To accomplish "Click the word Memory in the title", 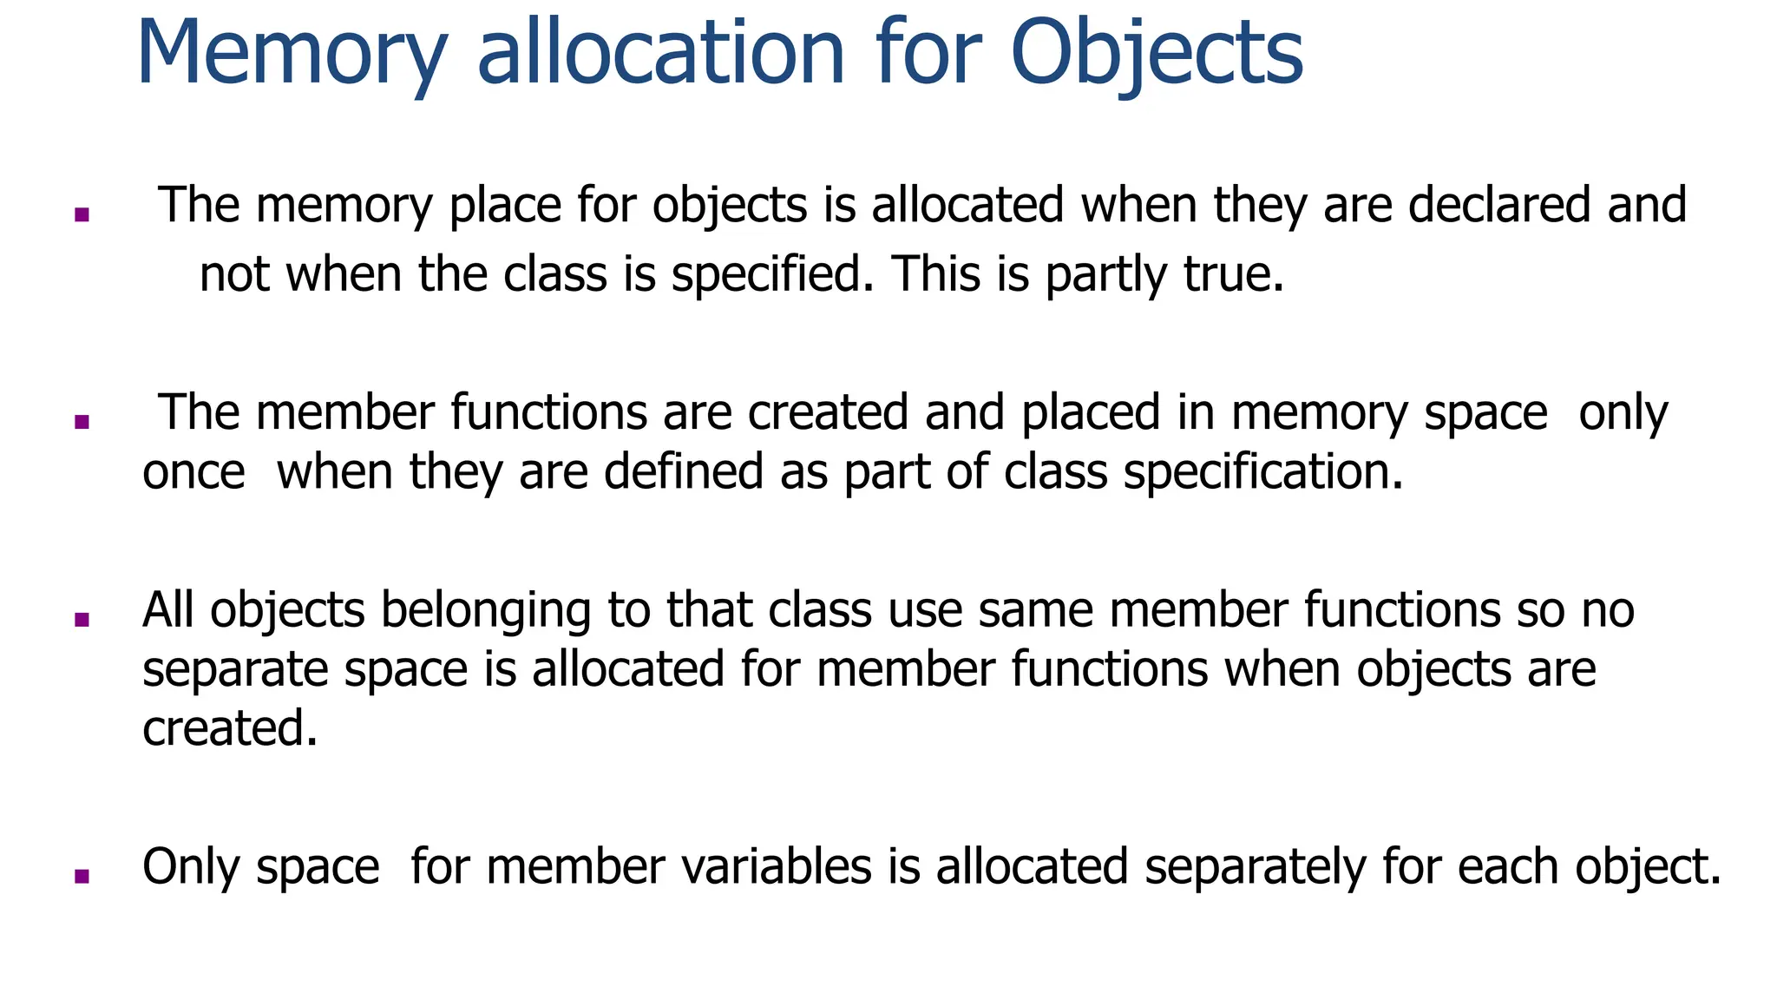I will click(292, 54).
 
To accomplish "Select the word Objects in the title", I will click(1157, 54).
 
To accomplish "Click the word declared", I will click(1499, 206).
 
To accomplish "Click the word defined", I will click(684, 472).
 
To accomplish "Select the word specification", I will click(1262, 473).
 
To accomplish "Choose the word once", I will click(193, 473).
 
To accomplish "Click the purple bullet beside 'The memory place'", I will click(82, 214).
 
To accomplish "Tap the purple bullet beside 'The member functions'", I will click(82, 422).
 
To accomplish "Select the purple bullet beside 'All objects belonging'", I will click(82, 619).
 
